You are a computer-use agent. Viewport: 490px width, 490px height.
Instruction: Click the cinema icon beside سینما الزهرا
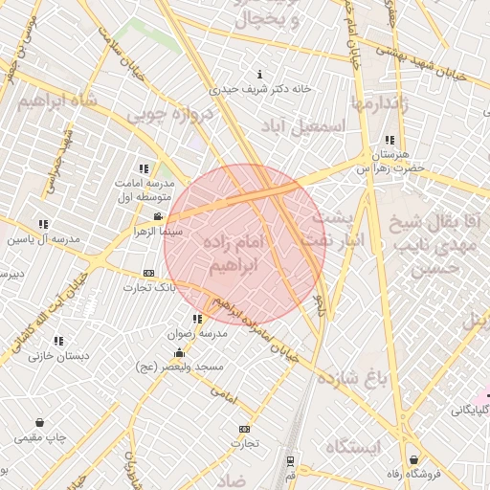(157, 217)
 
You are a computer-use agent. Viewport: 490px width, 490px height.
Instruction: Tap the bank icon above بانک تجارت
(147, 273)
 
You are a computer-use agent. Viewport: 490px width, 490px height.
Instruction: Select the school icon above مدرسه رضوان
(197, 319)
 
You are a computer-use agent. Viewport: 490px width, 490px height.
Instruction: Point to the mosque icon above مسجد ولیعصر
(179, 353)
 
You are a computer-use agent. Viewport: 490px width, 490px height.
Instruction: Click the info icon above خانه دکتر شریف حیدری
(260, 75)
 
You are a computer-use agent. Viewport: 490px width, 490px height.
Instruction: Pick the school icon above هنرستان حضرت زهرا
(388, 140)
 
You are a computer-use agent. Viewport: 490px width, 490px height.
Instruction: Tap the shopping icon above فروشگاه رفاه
(413, 459)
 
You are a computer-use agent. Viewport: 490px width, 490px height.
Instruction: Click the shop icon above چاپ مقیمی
(39, 423)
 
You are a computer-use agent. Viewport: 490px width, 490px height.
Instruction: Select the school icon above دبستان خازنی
(58, 341)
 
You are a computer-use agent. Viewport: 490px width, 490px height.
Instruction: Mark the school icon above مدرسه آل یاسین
(42, 224)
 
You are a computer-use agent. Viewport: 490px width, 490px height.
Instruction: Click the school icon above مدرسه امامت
(145, 168)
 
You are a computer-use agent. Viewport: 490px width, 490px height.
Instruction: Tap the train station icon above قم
(290, 460)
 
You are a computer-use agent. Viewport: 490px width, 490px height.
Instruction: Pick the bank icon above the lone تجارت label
(244, 429)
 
